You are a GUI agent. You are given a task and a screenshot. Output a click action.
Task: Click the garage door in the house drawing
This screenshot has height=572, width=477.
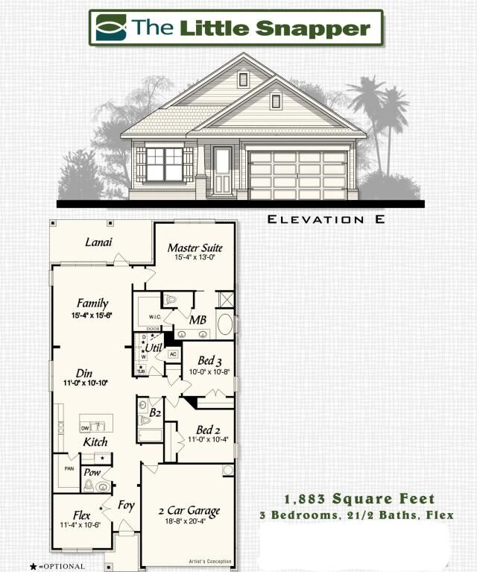pyautogui.click(x=297, y=175)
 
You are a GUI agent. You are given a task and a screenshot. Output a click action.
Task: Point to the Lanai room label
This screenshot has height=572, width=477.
pyautogui.click(x=98, y=242)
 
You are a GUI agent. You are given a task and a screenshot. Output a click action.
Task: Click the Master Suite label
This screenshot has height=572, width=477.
pyautogui.click(x=195, y=248)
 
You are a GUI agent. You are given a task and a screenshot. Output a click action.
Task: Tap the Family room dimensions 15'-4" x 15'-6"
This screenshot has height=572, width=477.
pyautogui.click(x=92, y=315)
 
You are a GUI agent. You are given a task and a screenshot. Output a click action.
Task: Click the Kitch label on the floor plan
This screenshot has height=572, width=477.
pyautogui.click(x=95, y=442)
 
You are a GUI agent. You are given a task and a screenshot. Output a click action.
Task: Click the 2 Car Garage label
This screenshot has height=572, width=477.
pyautogui.click(x=189, y=511)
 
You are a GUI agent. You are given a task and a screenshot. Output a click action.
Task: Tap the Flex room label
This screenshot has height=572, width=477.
pyautogui.click(x=82, y=515)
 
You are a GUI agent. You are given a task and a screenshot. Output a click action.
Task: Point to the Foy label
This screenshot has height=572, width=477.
pyautogui.click(x=127, y=506)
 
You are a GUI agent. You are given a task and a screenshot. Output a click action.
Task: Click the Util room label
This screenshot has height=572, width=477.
pyautogui.click(x=154, y=348)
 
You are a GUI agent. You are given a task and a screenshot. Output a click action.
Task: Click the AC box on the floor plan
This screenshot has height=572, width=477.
pyautogui.click(x=173, y=354)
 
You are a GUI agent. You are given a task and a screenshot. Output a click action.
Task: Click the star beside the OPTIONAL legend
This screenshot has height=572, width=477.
pyautogui.click(x=34, y=566)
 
